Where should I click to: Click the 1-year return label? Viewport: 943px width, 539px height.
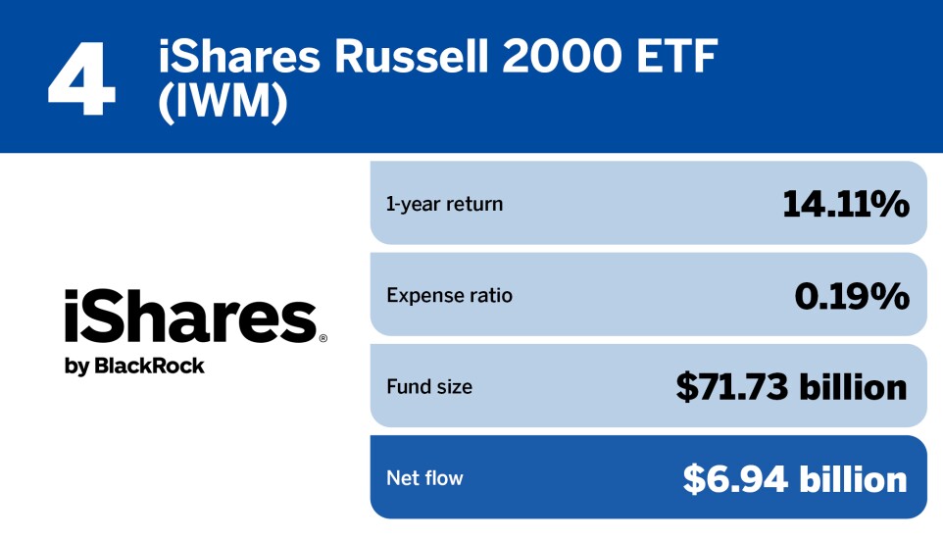click(444, 204)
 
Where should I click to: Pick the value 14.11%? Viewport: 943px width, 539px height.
click(845, 204)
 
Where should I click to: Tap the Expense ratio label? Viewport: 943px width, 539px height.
click(449, 295)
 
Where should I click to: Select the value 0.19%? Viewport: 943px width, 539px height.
click(851, 295)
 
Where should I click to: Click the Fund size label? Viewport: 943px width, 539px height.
click(428, 387)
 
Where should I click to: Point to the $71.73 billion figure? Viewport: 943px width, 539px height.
click(791, 387)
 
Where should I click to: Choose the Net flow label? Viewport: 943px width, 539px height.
click(424, 478)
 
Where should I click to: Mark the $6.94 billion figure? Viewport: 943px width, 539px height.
click(795, 478)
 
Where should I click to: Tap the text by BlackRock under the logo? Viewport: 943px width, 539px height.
click(134, 366)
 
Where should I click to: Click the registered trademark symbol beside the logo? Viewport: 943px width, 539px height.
click(323, 338)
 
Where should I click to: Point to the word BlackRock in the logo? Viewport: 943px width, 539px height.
click(149, 366)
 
